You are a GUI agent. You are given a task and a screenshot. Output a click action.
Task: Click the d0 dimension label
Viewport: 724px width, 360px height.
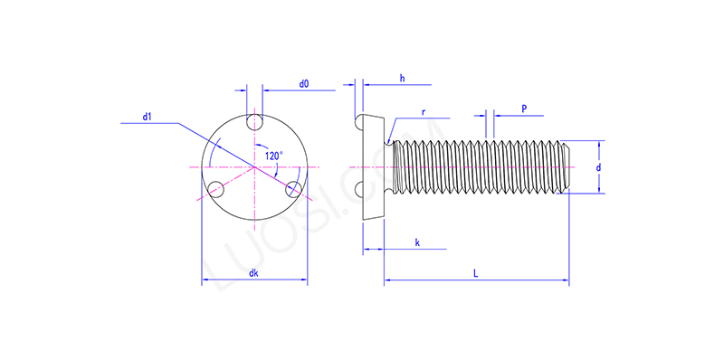[304, 84]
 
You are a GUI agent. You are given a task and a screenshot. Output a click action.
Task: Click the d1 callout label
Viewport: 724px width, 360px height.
[148, 116]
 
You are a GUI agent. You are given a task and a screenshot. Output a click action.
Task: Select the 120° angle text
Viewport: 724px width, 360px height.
[273, 156]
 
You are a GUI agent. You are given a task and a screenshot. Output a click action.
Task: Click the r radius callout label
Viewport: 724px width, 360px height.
[424, 112]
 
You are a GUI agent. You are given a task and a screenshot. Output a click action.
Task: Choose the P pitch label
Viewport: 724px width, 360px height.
[525, 108]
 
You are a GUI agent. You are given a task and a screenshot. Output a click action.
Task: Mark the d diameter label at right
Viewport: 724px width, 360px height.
[598, 168]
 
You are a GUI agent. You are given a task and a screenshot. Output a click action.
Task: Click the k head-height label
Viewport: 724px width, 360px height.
[416, 242]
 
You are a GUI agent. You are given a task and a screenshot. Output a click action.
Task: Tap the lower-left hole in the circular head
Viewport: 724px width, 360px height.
[216, 189]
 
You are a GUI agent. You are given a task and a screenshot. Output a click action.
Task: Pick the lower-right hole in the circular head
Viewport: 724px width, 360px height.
[293, 189]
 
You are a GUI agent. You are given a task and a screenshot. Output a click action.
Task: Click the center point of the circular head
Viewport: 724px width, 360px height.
[255, 167]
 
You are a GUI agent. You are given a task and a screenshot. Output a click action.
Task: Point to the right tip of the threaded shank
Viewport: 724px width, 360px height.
[568, 167]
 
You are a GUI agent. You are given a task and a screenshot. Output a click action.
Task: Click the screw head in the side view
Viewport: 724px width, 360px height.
[372, 167]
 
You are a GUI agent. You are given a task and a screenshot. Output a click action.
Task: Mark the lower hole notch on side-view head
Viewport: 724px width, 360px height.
[361, 190]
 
